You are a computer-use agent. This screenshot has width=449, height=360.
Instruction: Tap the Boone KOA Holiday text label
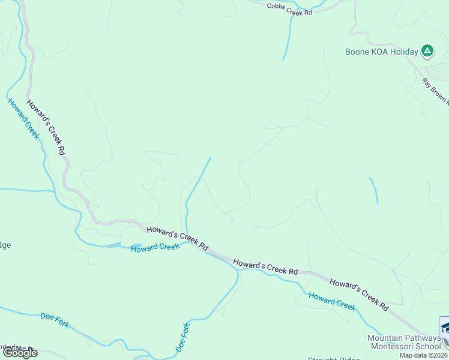tap(381, 52)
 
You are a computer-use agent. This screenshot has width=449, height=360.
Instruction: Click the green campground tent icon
tap(427, 51)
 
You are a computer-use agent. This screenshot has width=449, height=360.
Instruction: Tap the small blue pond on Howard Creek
tap(112, 245)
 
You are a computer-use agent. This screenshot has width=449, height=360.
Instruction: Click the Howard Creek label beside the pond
tap(155, 247)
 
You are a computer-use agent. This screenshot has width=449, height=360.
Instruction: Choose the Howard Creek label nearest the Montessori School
tap(332, 301)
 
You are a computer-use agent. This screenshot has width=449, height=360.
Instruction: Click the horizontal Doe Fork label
tap(55, 320)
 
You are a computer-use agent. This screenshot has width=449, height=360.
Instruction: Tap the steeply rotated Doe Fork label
tap(182, 337)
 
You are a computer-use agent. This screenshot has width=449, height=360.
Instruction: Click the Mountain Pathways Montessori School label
tap(404, 342)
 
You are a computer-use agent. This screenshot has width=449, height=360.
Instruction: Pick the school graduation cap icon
tap(445, 328)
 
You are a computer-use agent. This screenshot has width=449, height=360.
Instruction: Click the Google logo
tap(20, 353)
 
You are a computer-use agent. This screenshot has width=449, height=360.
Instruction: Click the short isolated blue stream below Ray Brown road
tap(374, 190)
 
